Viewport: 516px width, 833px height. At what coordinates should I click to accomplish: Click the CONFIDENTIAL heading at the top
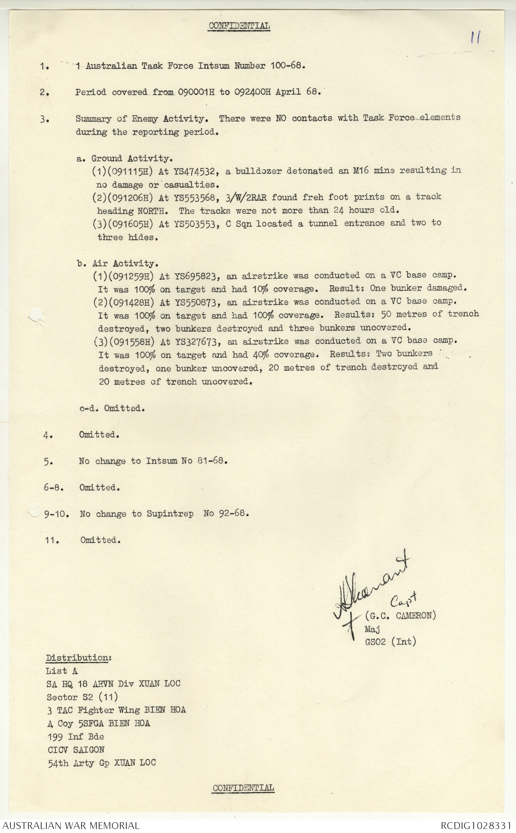pyautogui.click(x=239, y=26)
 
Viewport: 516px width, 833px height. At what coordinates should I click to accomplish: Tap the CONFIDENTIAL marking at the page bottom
pyautogui.click(x=243, y=788)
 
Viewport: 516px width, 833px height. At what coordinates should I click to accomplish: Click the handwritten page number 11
pyautogui.click(x=475, y=38)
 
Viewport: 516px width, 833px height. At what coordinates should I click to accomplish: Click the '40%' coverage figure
pyautogui.click(x=261, y=355)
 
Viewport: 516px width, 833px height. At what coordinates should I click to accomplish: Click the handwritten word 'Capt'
pyautogui.click(x=403, y=600)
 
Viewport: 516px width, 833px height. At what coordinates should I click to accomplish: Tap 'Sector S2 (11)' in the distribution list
pyautogui.click(x=82, y=697)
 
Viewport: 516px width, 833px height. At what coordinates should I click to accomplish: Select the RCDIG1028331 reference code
pyautogui.click(x=476, y=825)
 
